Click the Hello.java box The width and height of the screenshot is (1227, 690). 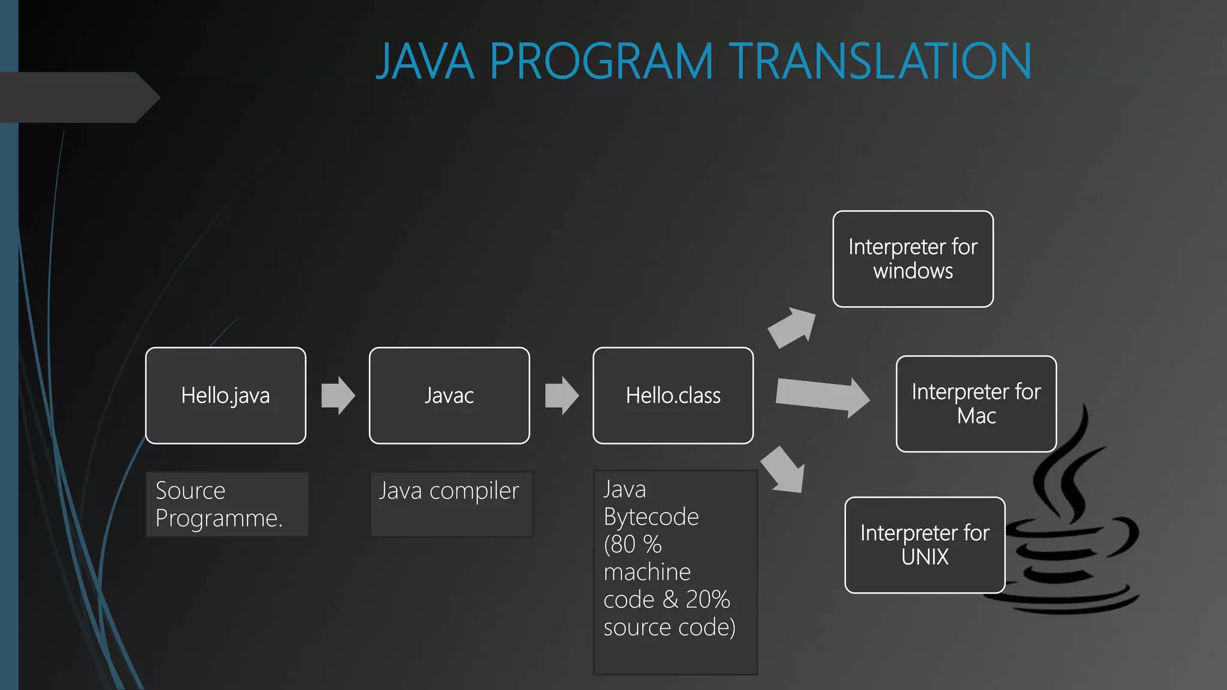[225, 395]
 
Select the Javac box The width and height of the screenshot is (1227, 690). [449, 395]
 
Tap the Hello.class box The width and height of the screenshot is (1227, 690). [673, 395]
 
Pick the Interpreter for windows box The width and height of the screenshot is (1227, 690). [912, 259]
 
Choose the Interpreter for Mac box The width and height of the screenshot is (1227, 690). [976, 404]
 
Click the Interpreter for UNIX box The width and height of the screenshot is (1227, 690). [924, 545]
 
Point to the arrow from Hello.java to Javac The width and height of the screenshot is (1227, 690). [338, 395]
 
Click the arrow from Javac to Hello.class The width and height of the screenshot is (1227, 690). [561, 395]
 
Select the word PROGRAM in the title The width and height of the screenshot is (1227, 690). [602, 61]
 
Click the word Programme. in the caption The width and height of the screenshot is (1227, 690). [219, 519]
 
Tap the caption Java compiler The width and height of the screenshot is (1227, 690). [449, 491]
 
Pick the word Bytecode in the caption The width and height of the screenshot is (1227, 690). [651, 517]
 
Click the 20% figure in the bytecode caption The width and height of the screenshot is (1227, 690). [708, 600]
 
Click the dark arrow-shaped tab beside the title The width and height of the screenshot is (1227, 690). [78, 97]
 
